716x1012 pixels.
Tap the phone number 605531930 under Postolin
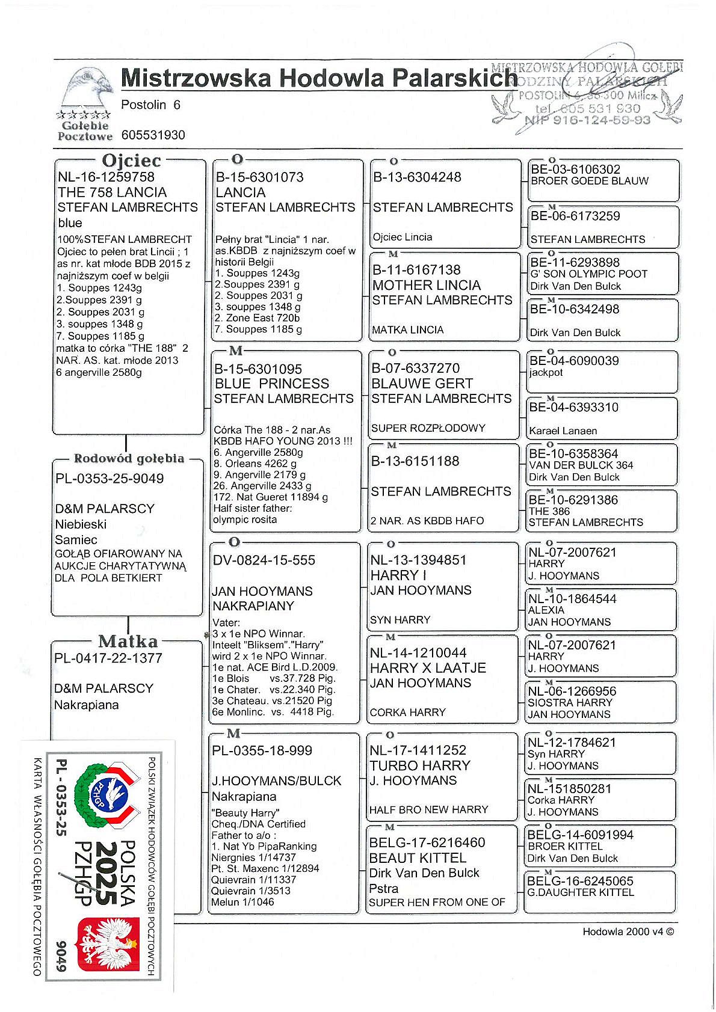point(153,135)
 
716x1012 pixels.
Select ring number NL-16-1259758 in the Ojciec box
point(106,177)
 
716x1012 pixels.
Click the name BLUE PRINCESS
point(272,384)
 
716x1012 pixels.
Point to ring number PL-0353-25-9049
point(110,479)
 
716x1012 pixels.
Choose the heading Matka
point(128,641)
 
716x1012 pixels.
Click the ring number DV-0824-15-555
point(264,560)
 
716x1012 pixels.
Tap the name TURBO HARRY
point(420,765)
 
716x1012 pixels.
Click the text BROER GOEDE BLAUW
point(590,181)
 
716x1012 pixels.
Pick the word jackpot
point(546,373)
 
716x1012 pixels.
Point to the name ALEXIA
point(546,610)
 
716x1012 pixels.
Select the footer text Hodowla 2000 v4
point(628,932)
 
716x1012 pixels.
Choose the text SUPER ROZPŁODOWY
point(428,428)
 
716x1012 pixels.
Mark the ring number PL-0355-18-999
point(262,751)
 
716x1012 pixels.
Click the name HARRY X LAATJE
point(428,668)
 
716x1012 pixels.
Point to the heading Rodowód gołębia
point(129,459)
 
